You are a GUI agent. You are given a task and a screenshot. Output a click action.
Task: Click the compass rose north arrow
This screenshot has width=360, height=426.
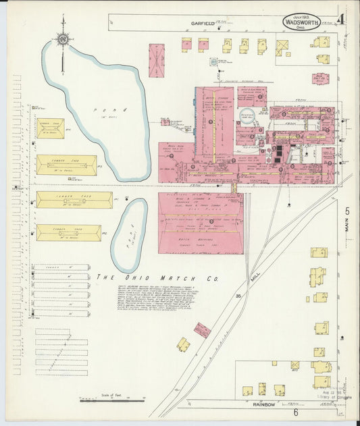tap(63, 41)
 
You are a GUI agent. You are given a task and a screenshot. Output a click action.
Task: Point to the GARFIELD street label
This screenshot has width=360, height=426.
tap(202, 24)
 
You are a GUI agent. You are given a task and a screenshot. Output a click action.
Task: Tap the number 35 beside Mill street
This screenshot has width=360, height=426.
tap(238, 295)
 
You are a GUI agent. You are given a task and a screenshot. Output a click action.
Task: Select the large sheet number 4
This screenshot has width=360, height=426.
tap(342, 18)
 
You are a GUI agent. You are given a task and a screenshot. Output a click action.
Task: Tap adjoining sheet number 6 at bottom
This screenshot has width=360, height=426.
tap(295, 411)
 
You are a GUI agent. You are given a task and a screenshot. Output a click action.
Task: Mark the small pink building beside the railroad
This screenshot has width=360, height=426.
tap(202, 329)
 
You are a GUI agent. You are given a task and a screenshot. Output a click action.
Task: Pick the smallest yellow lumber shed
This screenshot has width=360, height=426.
tap(50, 129)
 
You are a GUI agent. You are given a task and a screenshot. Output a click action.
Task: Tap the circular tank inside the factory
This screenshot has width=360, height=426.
tap(248, 115)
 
